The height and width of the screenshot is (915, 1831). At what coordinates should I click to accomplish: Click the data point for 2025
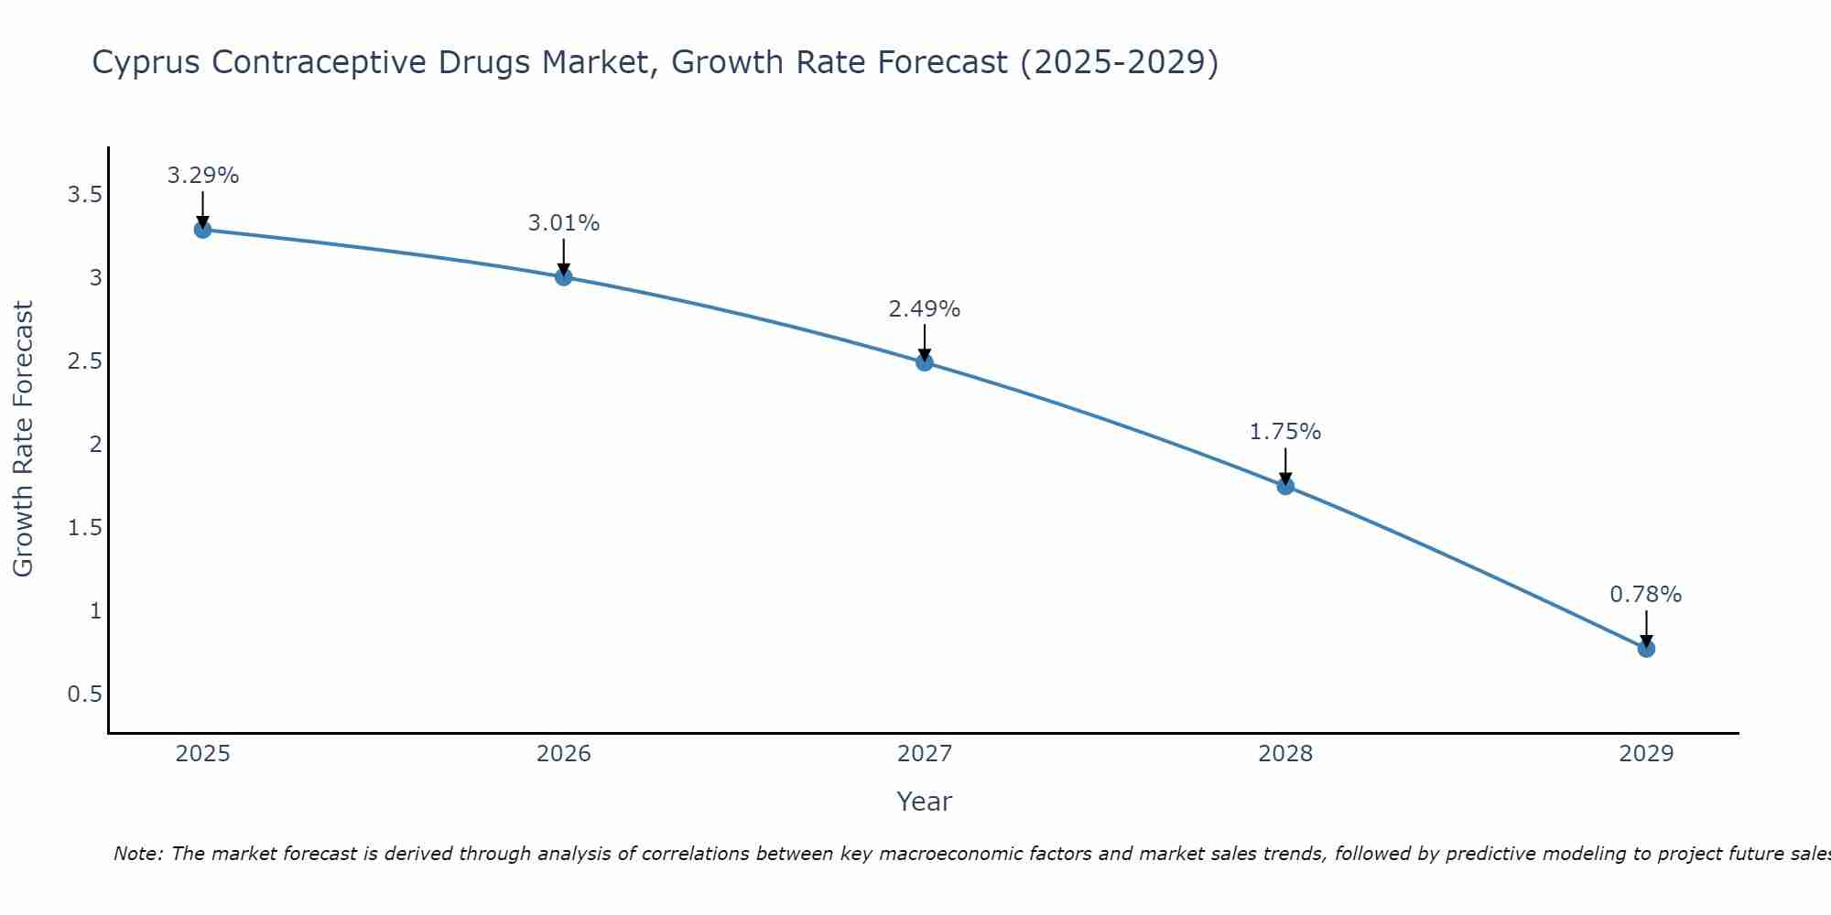(x=202, y=230)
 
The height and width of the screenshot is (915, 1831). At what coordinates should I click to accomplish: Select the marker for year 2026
(x=563, y=276)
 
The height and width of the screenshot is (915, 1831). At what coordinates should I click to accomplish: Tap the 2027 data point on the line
(x=924, y=362)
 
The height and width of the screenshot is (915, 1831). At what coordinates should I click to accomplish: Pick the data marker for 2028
(x=1284, y=486)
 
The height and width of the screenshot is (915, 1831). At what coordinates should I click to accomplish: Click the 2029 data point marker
(x=1645, y=649)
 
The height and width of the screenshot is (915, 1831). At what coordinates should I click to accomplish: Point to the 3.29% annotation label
(x=202, y=176)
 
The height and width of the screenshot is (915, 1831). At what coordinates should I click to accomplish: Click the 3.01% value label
(x=563, y=223)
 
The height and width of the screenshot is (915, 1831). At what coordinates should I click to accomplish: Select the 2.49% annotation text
(x=924, y=309)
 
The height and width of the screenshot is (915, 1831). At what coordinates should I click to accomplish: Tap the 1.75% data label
(x=1284, y=432)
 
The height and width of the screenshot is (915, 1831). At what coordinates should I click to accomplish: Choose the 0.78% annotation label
(x=1645, y=595)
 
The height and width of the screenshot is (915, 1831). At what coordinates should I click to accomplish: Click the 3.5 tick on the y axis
(x=84, y=195)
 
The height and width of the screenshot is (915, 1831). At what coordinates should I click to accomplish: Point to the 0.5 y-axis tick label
(x=84, y=694)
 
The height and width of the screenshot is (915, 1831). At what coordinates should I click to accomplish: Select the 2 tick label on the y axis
(x=94, y=445)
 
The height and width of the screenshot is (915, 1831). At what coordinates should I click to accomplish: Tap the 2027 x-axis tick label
(x=924, y=754)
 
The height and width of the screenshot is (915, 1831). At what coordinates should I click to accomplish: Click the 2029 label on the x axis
(x=1645, y=754)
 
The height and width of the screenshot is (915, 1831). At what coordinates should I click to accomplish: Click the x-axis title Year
(x=924, y=802)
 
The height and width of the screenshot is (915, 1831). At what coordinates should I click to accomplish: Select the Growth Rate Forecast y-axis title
(x=23, y=439)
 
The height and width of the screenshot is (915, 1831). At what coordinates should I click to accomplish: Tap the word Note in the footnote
(x=136, y=854)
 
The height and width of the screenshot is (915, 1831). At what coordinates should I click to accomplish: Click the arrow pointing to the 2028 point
(x=1284, y=465)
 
